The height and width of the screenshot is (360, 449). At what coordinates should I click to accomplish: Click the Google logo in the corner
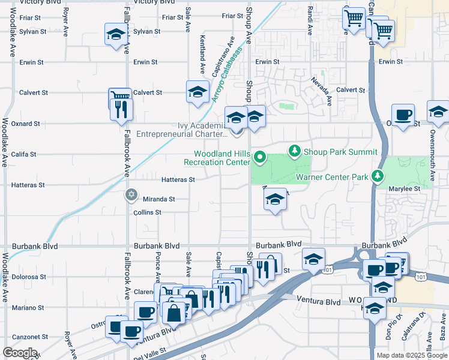pyautogui.click(x=20, y=353)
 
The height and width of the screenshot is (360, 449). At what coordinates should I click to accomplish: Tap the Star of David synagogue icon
pyautogui.click(x=131, y=195)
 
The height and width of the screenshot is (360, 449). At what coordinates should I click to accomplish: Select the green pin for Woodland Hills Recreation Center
pyautogui.click(x=260, y=158)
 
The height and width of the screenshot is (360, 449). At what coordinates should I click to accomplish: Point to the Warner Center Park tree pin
pyautogui.click(x=378, y=176)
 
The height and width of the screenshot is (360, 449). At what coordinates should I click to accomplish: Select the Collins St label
pyautogui.click(x=147, y=212)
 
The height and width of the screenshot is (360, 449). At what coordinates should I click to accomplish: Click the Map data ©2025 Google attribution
pyautogui.click(x=411, y=355)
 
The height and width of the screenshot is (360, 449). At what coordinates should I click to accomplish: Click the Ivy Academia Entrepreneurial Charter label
pyautogui.click(x=182, y=130)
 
